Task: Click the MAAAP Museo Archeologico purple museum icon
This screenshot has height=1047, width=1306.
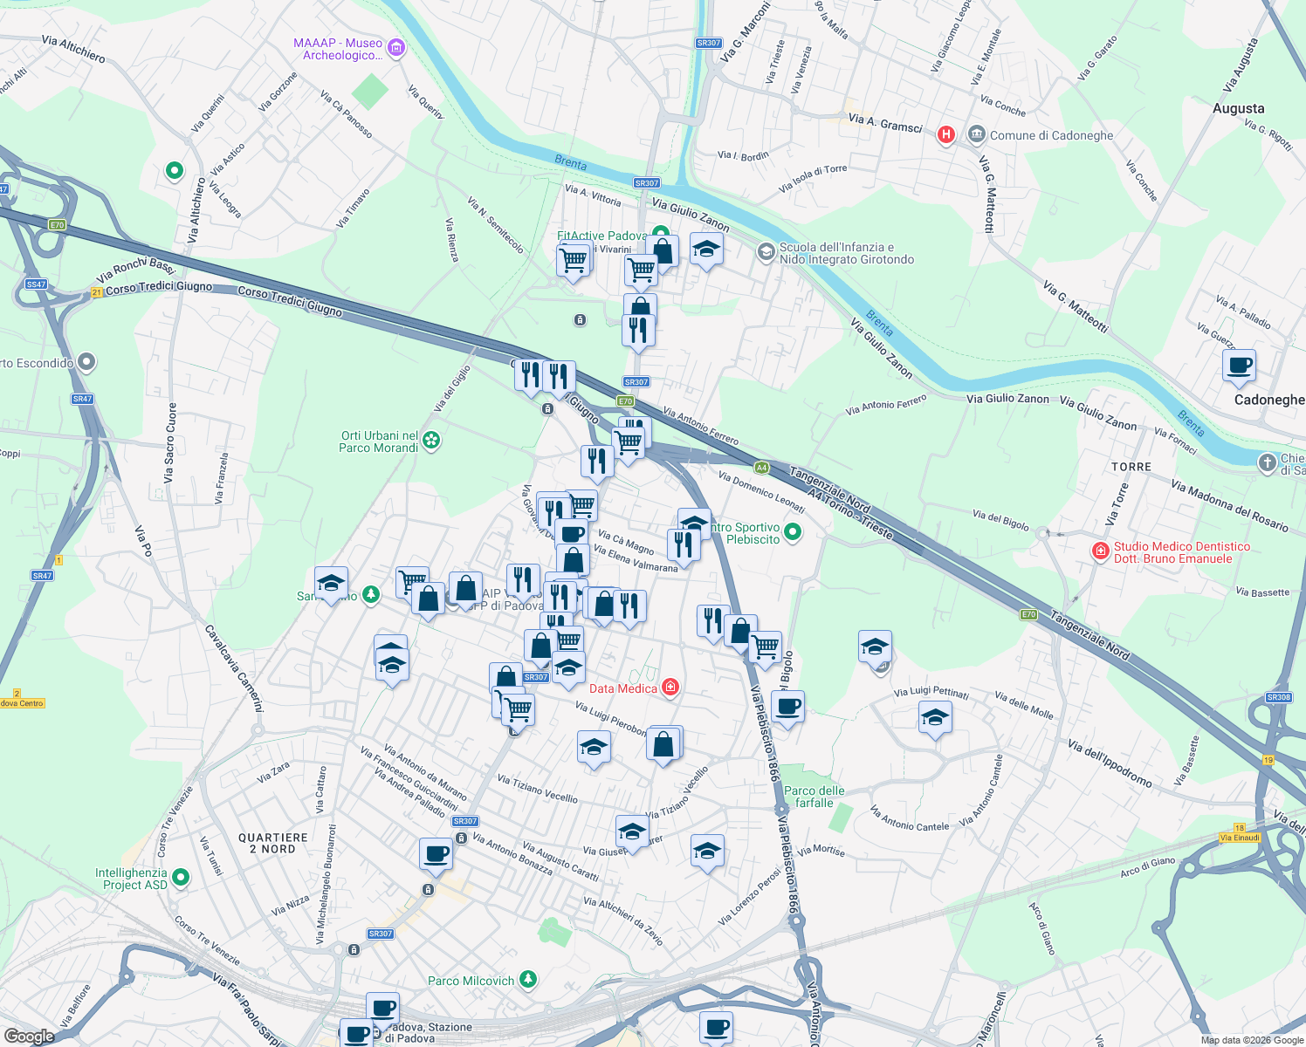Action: tap(395, 47)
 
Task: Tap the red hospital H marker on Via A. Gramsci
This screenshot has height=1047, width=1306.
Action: tap(945, 134)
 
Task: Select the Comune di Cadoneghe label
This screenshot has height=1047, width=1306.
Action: tap(1051, 135)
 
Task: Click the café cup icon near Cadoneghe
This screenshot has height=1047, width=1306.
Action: tap(1238, 366)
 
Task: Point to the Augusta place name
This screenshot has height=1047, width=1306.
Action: tap(1238, 108)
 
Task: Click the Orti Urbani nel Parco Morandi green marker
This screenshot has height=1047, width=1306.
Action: tap(431, 441)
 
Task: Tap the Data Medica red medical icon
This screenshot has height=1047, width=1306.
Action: tap(670, 688)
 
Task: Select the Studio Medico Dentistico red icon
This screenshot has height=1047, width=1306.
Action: tap(1100, 551)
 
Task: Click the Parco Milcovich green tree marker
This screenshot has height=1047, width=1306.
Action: tap(528, 980)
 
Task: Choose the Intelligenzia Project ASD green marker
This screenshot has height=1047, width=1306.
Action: tap(181, 877)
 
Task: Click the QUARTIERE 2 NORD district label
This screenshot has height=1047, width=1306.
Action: tap(273, 843)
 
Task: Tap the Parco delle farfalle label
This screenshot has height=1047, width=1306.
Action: tap(814, 797)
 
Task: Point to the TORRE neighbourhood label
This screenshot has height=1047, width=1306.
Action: tap(1131, 467)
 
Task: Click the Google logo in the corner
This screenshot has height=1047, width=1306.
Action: tap(29, 1036)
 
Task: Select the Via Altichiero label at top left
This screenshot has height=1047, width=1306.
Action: tap(73, 49)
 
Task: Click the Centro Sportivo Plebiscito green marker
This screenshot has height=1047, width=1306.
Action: tap(793, 531)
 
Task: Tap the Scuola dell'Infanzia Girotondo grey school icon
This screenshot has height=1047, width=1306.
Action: tap(766, 253)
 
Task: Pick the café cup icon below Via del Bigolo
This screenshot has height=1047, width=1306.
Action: tap(787, 706)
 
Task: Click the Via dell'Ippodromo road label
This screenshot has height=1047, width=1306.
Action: tap(1110, 763)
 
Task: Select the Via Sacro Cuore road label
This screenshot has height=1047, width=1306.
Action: tap(169, 442)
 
